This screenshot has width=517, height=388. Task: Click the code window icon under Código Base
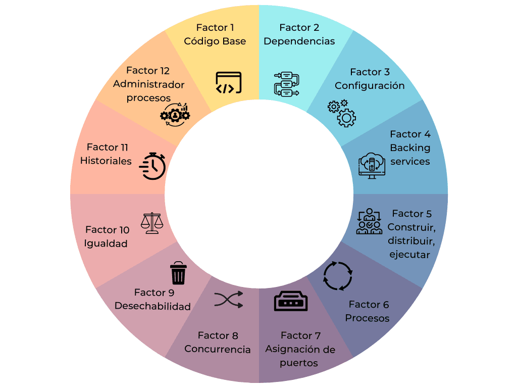pos(229,82)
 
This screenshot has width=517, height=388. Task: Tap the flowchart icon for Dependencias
pos(287,84)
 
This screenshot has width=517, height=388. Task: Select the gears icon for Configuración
pos(342,113)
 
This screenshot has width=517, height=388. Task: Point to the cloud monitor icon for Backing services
pos(372,166)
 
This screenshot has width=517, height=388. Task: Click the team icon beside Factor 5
pos(369,221)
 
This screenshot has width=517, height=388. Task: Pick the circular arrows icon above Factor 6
pos(338,276)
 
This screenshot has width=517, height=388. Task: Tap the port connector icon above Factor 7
pos(291,301)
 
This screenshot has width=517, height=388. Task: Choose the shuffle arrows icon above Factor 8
pos(229,300)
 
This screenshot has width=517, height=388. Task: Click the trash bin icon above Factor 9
pos(178,273)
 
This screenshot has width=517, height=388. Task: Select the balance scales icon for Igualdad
pos(152,223)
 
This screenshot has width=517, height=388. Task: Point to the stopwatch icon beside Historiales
pos(152,166)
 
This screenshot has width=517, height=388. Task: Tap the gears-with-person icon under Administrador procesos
pos(175,115)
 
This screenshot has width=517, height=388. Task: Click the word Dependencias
pos(299,41)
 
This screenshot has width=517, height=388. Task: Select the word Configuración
pos(370,85)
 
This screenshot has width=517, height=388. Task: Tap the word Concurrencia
pos(218,349)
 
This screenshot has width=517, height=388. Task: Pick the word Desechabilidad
pos(152,306)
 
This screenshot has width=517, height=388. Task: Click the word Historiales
pos(106,161)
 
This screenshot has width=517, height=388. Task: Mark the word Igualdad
pos(106,244)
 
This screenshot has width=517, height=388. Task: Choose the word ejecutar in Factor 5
pos(410,255)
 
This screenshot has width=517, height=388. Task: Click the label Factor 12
pos(148,71)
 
